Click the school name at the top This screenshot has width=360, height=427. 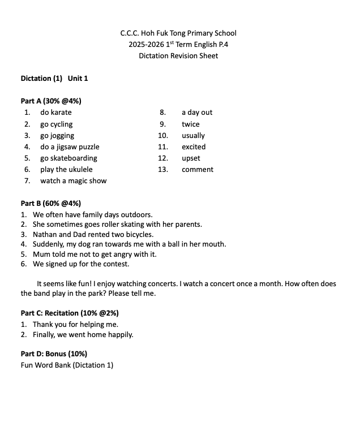(x=178, y=33)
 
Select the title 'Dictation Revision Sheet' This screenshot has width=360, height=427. (x=178, y=56)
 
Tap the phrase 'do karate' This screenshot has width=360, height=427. (x=56, y=113)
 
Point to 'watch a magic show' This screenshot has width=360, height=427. (x=74, y=181)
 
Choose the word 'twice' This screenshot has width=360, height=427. (x=191, y=124)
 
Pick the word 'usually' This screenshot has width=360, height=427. (x=194, y=136)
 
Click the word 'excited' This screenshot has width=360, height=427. (x=194, y=147)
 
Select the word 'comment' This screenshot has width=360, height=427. (x=198, y=170)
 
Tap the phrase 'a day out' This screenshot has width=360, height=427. (x=197, y=113)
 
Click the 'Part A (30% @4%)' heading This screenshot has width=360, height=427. (x=51, y=101)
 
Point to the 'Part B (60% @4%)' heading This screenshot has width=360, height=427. (x=51, y=204)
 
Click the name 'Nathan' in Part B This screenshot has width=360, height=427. (x=45, y=234)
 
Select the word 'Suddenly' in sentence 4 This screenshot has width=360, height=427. (x=47, y=244)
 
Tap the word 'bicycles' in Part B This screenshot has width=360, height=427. (x=139, y=234)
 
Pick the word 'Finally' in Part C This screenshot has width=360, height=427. (x=45, y=335)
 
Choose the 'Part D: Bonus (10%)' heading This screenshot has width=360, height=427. (x=54, y=354)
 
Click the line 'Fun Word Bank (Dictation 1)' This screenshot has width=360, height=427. (x=67, y=365)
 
